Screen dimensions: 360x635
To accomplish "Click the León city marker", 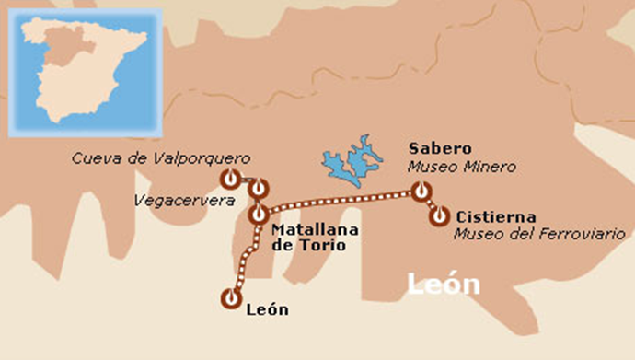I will coord(229,298).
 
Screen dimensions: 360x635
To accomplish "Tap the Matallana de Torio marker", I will coord(258,215).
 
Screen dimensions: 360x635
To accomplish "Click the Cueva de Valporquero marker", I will coord(229,179).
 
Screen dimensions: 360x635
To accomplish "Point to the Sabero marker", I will coord(421,192).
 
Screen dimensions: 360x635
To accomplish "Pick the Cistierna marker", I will coord(440,216).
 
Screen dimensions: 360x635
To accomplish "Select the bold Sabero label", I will coord(440,149).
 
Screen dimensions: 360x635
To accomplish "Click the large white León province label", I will coord(444,285).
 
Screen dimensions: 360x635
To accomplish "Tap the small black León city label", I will coord(268,309).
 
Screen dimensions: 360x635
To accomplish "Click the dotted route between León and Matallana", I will coord(245,260).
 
